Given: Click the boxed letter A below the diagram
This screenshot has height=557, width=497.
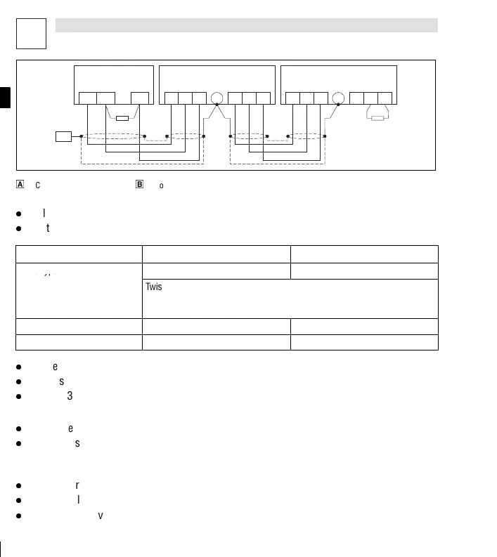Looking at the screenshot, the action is point(20,185).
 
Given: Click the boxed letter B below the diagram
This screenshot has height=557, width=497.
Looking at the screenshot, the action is point(139,185).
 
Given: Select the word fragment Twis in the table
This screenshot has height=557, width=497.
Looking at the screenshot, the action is point(153,287).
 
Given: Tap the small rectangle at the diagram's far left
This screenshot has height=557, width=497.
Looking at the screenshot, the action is point(63,136).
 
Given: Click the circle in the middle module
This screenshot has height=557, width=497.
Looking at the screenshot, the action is point(217,98).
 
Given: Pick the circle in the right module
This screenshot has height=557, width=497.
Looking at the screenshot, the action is point(338,98).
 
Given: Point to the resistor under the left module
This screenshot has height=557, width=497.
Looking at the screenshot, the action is point(122,118).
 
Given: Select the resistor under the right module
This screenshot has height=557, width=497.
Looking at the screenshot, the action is point(377,118).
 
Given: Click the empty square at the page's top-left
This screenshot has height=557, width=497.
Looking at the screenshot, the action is point(31,33).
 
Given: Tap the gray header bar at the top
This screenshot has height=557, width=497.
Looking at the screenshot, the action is point(246,25).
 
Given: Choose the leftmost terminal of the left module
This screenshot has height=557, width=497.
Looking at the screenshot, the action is point(87,98).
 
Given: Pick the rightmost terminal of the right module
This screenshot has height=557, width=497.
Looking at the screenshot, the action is point(385,98).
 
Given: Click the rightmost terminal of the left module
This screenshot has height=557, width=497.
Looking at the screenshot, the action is point(140,98).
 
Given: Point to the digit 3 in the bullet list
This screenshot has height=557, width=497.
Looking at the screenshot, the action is point(70,396).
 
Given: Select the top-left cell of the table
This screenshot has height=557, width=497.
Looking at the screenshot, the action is point(79,254).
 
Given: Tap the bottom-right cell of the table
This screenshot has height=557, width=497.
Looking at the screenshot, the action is point(364,342).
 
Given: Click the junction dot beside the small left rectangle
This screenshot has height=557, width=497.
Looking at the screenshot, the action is point(82,136).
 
